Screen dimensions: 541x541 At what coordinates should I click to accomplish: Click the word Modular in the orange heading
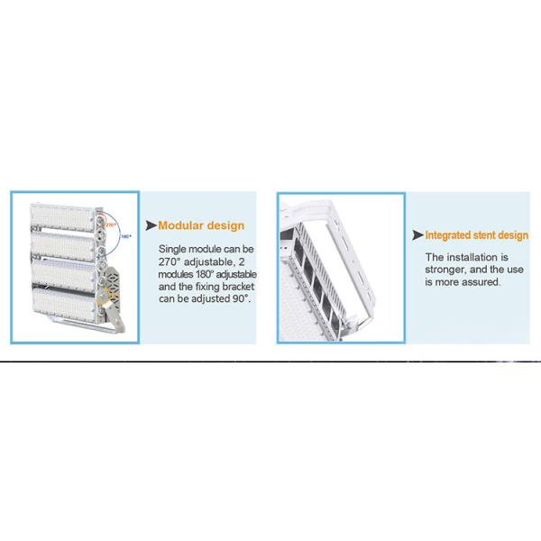tap(185, 225)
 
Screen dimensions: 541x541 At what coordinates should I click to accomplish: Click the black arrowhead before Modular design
tap(151, 225)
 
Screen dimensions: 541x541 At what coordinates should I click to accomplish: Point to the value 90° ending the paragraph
tap(240, 297)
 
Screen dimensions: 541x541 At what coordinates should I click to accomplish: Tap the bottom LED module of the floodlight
tap(63, 302)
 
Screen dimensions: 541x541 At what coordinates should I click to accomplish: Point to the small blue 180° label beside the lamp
tap(127, 236)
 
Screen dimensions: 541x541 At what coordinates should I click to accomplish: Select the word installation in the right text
tap(466, 257)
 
